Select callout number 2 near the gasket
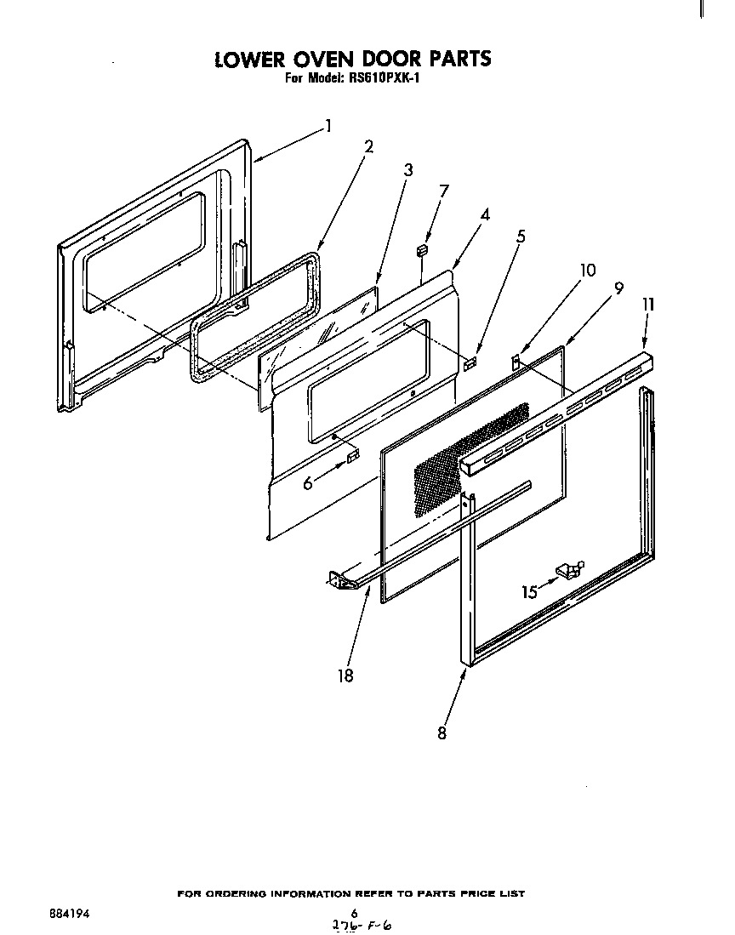pyautogui.click(x=368, y=145)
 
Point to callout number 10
pyautogui.click(x=587, y=271)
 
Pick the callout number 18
pyautogui.click(x=345, y=676)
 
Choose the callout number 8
pyautogui.click(x=442, y=732)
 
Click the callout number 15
pyautogui.click(x=530, y=591)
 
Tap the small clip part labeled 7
pyautogui.click(x=422, y=249)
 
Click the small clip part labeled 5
pyautogui.click(x=470, y=362)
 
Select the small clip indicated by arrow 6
pyautogui.click(x=351, y=460)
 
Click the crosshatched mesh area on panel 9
pyautogui.click(x=468, y=459)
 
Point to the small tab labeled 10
pyautogui.click(x=516, y=362)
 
